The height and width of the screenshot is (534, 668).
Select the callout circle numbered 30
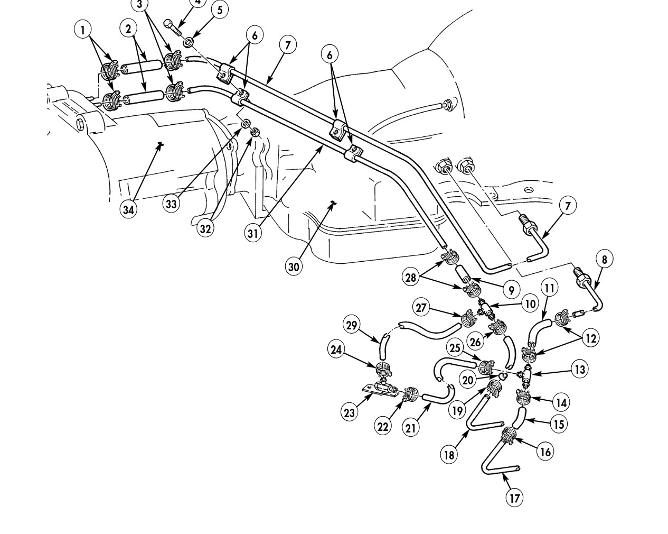click(294, 266)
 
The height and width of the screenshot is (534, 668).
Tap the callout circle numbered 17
click(514, 498)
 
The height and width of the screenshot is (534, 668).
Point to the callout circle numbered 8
click(604, 259)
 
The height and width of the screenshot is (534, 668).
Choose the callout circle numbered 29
click(352, 326)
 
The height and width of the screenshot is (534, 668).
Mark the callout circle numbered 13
click(580, 369)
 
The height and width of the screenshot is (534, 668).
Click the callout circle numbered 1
click(83, 30)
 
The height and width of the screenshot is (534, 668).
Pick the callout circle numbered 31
click(253, 233)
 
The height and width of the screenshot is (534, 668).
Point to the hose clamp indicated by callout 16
click(509, 436)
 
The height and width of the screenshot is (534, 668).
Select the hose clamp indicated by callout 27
click(469, 319)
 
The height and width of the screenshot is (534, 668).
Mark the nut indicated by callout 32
click(255, 132)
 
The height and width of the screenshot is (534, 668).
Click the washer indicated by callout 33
click(245, 123)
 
